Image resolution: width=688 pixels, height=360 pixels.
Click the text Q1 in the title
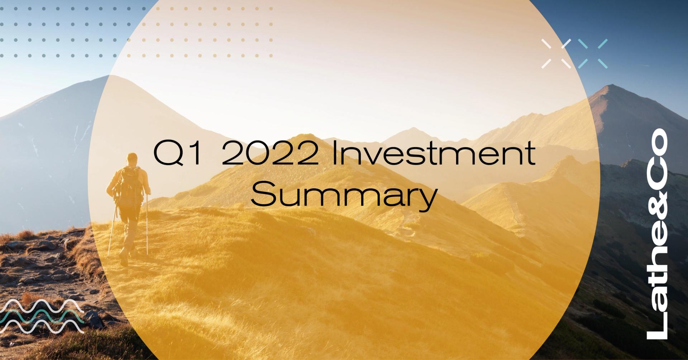click(177, 153)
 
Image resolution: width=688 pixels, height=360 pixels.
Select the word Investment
click(434, 153)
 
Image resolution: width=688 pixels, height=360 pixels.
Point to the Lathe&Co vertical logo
click(657, 234)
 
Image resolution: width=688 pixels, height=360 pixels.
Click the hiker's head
click(133, 158)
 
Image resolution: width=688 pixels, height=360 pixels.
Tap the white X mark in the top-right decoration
click(556, 54)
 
